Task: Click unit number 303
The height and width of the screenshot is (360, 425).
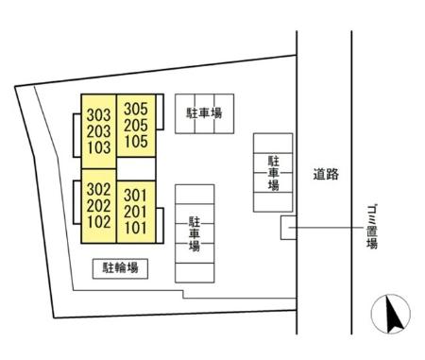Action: [x=98, y=115]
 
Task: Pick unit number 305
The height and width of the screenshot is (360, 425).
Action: [x=136, y=109]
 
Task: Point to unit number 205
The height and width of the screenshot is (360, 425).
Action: [x=136, y=125]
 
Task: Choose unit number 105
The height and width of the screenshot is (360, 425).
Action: [x=136, y=141]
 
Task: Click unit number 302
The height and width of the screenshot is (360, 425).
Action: [x=98, y=189]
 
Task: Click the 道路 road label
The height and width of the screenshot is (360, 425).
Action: [x=325, y=174]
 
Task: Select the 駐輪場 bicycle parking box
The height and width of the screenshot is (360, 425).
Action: [x=121, y=268]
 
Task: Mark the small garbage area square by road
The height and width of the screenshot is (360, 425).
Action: [x=287, y=227]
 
